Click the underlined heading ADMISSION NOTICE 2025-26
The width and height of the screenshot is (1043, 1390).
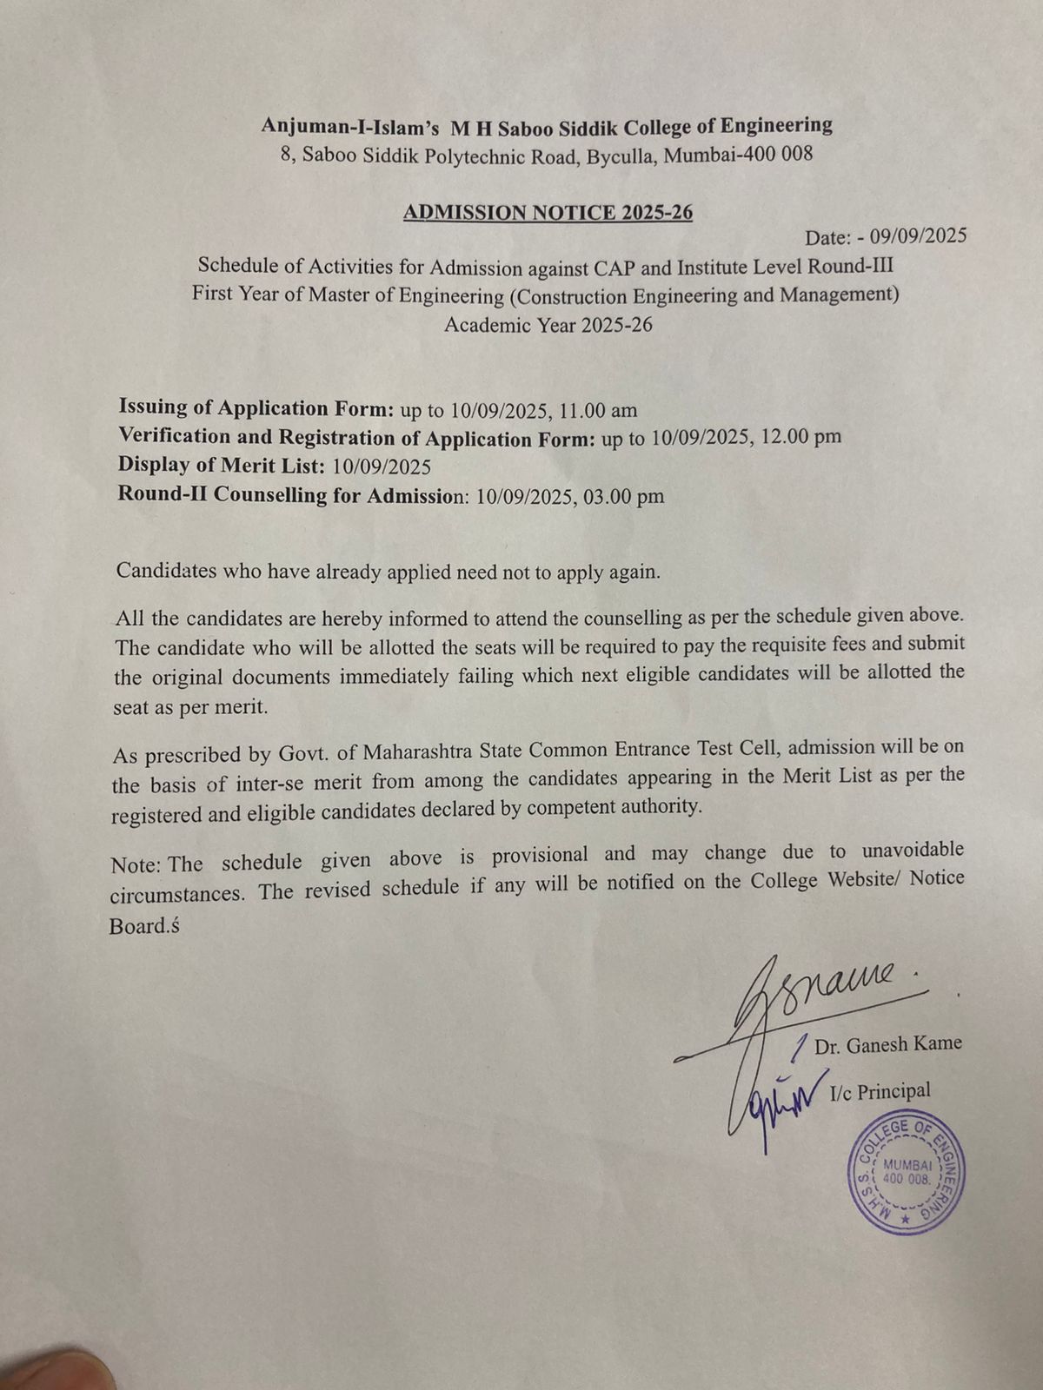click(548, 213)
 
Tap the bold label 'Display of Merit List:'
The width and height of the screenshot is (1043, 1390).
click(222, 466)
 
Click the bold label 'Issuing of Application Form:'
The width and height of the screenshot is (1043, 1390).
click(257, 408)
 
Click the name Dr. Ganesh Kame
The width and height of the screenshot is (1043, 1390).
click(887, 1044)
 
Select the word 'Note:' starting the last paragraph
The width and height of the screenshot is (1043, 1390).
click(136, 865)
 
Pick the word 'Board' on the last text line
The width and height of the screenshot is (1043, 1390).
click(139, 926)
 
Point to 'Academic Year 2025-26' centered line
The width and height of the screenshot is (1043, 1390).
click(548, 326)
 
